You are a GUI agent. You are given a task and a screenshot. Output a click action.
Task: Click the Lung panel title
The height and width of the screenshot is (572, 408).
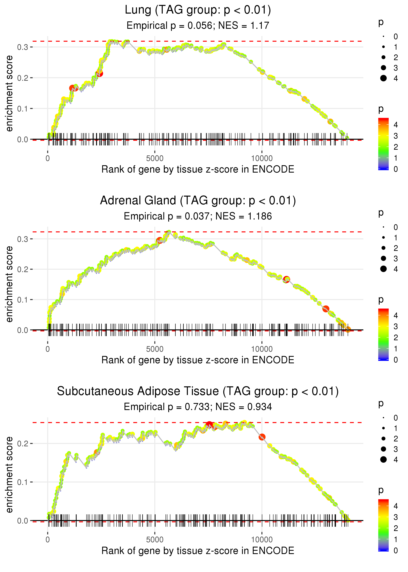pyautogui.click(x=198, y=10)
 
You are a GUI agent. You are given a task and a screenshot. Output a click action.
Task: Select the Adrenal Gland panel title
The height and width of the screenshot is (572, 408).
pyautogui.click(x=198, y=201)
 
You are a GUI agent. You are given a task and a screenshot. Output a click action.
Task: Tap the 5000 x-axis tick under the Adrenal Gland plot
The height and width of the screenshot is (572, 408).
pyautogui.click(x=155, y=349)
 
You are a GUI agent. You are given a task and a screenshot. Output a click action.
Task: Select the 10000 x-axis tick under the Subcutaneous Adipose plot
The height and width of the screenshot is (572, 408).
pyautogui.click(x=262, y=540)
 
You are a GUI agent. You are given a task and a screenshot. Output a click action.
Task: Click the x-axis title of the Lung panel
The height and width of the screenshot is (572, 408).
pyautogui.click(x=198, y=169)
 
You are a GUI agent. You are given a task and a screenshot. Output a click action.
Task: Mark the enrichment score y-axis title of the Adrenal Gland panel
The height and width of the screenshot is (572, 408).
pyautogui.click(x=9, y=284)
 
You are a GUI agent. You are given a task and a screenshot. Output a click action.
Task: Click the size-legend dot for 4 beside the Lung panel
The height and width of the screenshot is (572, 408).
pyautogui.click(x=383, y=78)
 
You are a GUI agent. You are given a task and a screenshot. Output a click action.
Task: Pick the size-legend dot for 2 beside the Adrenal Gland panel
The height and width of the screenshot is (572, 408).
pyautogui.click(x=383, y=248)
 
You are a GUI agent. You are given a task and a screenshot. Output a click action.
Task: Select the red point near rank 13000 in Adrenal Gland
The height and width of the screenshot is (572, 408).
pyautogui.click(x=326, y=309)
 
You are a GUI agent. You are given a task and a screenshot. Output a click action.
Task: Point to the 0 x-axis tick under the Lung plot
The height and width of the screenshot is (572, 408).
pyautogui.click(x=48, y=159)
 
